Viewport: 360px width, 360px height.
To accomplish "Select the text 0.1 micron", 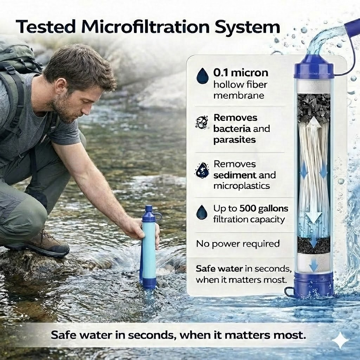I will [240, 73].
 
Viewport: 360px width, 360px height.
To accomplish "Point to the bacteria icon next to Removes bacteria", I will [201, 123].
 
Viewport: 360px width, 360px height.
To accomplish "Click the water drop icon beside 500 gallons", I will [202, 213].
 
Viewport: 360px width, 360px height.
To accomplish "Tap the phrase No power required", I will [238, 243].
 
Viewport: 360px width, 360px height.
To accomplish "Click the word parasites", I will [234, 140].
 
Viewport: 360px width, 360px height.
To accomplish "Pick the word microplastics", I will [242, 186].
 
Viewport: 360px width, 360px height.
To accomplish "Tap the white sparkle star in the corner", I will [340, 340].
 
